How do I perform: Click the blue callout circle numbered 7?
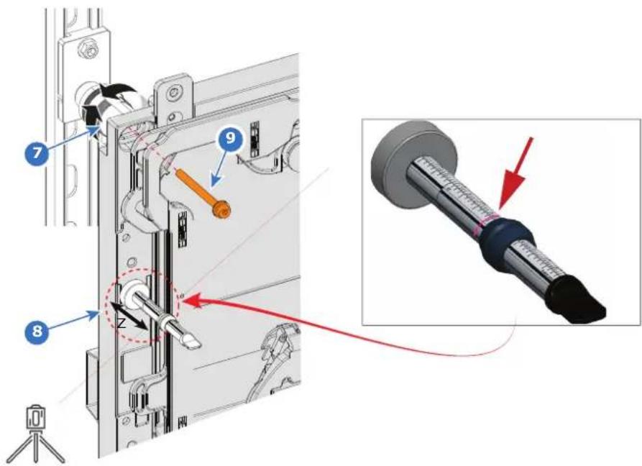click(x=37, y=152)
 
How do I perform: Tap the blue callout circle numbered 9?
click(x=231, y=138)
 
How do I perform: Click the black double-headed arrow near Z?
click(x=129, y=316)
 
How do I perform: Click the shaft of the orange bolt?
click(x=195, y=189)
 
